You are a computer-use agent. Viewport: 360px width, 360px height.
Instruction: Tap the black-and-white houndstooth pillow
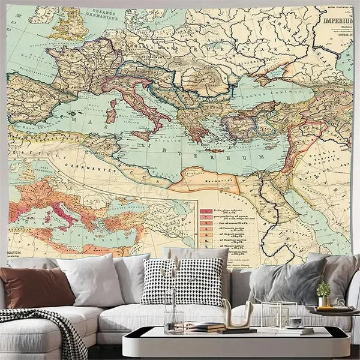pos(183,282)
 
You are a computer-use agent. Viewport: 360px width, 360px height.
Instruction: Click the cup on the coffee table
pos(295,323)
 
